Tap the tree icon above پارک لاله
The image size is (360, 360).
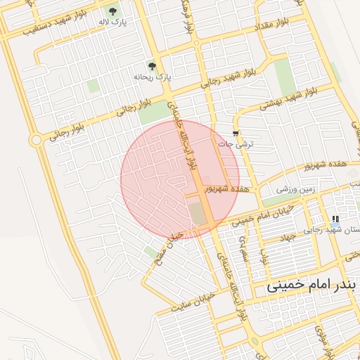pos(113,11)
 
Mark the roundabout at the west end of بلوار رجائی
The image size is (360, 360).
pos(36,140)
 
